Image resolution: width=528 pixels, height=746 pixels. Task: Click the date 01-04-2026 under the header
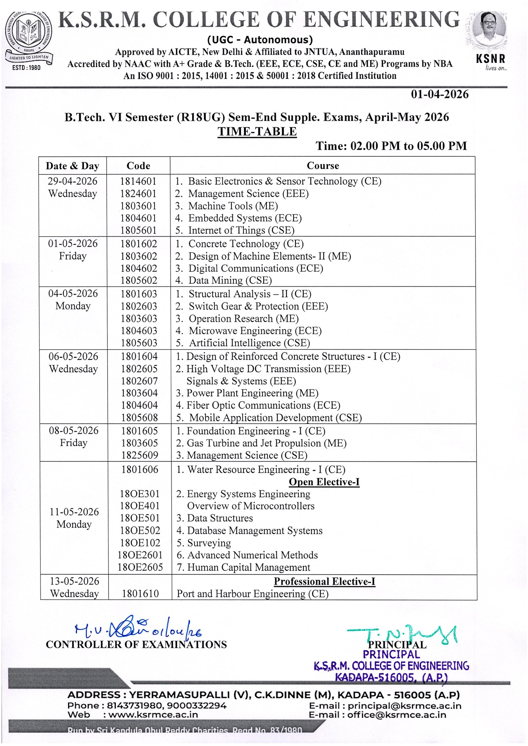click(x=439, y=94)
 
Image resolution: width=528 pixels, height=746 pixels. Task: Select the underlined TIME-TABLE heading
click(x=257, y=131)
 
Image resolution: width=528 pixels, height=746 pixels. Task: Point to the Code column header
click(x=138, y=166)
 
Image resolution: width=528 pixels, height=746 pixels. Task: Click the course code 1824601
click(x=138, y=194)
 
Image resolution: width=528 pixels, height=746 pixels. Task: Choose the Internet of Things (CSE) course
click(x=241, y=230)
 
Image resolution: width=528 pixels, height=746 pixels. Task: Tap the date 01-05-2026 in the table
click(x=73, y=243)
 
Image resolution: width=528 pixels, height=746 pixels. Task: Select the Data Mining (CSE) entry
click(x=230, y=280)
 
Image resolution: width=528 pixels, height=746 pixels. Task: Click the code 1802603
click(x=139, y=306)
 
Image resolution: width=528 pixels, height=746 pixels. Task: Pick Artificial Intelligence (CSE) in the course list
click(x=249, y=343)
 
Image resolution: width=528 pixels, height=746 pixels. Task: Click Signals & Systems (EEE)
click(x=241, y=381)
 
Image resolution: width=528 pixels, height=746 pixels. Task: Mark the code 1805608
click(x=139, y=418)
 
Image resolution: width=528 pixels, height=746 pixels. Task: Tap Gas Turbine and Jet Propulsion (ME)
click(x=266, y=443)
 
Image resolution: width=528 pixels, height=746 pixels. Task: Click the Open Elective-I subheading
click(x=324, y=482)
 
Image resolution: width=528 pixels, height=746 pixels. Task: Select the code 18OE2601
click(x=140, y=555)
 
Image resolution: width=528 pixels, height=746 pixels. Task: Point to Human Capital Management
click(x=248, y=568)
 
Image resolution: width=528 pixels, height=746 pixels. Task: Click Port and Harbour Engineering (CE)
click(x=252, y=594)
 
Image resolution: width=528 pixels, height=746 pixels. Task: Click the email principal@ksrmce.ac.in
click(x=404, y=706)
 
